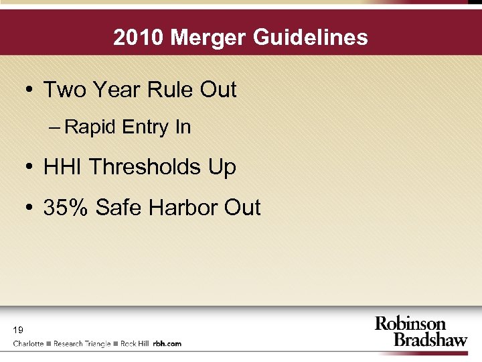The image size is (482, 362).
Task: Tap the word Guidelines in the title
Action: [312, 37]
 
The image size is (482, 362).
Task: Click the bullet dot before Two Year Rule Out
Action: [28, 90]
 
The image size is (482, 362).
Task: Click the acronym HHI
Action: [63, 167]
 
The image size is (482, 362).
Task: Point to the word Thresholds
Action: [145, 167]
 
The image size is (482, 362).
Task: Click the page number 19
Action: [18, 329]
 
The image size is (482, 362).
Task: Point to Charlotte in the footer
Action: [29, 343]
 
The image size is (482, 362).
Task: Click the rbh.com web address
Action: [167, 343]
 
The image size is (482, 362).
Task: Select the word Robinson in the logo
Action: [410, 324]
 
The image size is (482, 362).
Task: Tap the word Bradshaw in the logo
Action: [430, 339]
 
